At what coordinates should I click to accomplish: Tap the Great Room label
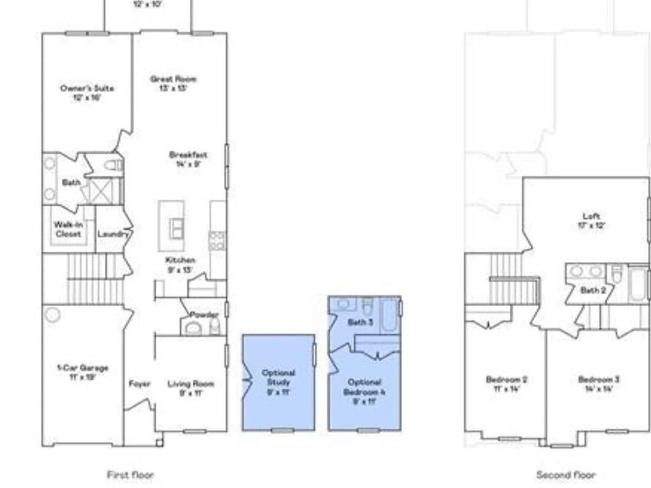(173, 79)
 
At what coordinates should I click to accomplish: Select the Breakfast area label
(188, 155)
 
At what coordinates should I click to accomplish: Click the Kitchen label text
(180, 260)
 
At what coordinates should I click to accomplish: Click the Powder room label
(203, 314)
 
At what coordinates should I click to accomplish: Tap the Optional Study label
(279, 377)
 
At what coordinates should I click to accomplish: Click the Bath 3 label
(360, 323)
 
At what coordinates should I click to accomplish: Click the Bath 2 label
(593, 290)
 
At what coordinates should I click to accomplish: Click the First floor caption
(130, 475)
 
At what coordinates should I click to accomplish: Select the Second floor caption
(566, 475)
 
